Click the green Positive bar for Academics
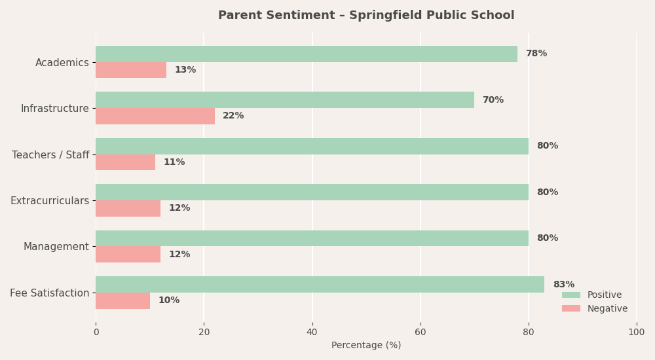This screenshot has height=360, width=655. [x=307, y=54]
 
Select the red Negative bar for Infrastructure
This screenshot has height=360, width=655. [x=155, y=116]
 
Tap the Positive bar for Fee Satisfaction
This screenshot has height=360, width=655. [x=320, y=285]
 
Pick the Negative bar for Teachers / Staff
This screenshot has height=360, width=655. [x=125, y=162]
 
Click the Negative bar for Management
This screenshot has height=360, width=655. [x=128, y=255]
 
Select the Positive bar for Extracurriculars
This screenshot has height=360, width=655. [x=312, y=192]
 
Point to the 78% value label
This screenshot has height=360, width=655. [x=536, y=54]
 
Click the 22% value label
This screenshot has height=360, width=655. [x=233, y=116]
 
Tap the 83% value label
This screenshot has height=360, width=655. [x=564, y=285]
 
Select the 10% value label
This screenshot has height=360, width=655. [x=169, y=300]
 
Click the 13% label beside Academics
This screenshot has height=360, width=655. [x=185, y=70]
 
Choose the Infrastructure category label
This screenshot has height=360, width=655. [x=55, y=109]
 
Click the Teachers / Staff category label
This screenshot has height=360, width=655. [x=50, y=155]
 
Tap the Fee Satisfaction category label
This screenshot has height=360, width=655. [x=50, y=293]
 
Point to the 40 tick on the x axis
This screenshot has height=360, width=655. [x=312, y=333]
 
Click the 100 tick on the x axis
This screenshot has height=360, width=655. [x=636, y=333]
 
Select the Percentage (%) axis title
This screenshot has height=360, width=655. [x=366, y=346]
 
